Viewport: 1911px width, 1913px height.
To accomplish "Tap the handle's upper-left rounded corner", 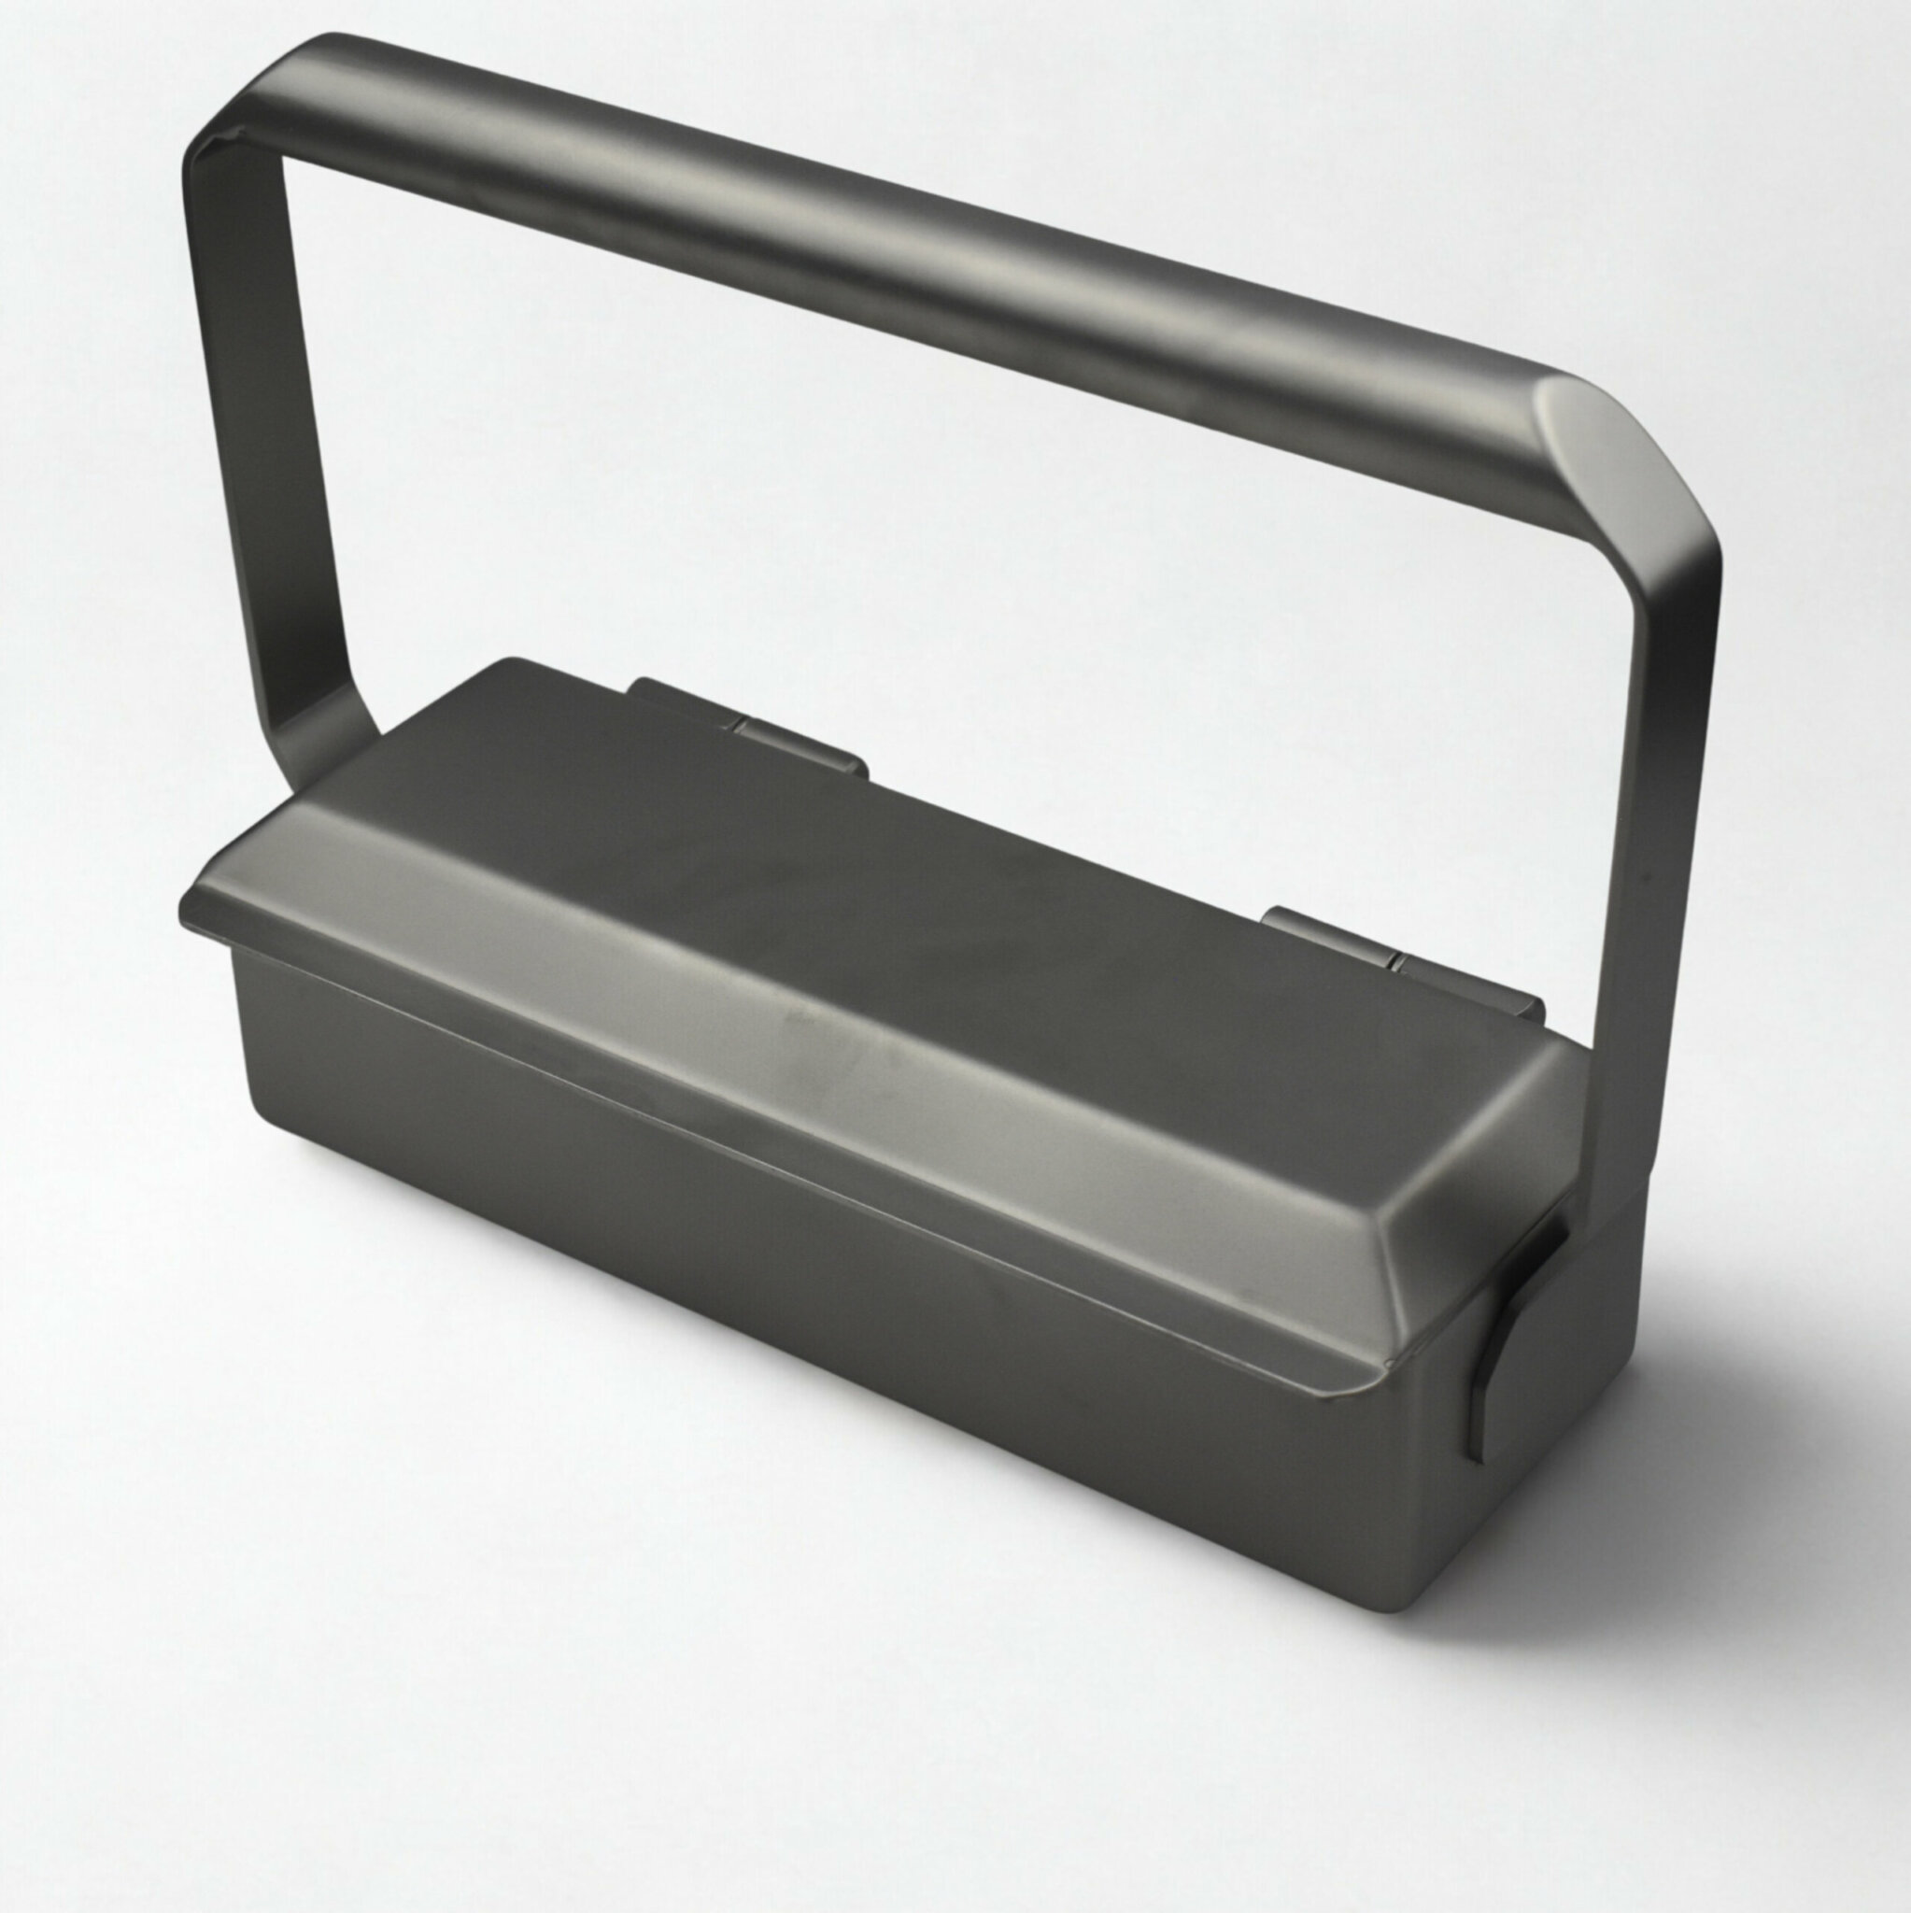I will tap(223, 109).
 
